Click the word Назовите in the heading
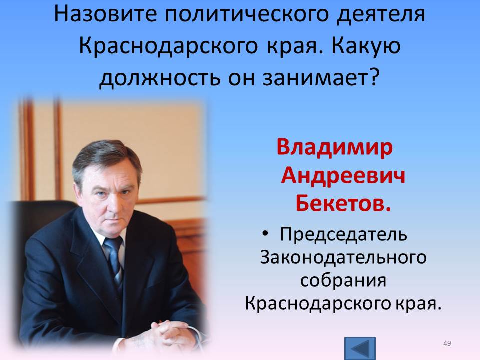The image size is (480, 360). [x=106, y=14]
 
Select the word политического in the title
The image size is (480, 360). [x=247, y=14]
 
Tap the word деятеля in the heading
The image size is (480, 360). [x=381, y=14]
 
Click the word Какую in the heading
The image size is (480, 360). [x=366, y=46]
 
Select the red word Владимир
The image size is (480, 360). [x=334, y=148]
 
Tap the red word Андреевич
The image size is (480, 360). [x=343, y=176]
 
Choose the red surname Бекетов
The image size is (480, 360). [x=343, y=203]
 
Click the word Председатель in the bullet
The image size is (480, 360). [x=343, y=235]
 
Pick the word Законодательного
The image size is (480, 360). [x=343, y=257]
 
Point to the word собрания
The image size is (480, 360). [x=343, y=280]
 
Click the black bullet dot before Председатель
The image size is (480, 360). [x=265, y=234]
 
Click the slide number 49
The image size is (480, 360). [x=447, y=343]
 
